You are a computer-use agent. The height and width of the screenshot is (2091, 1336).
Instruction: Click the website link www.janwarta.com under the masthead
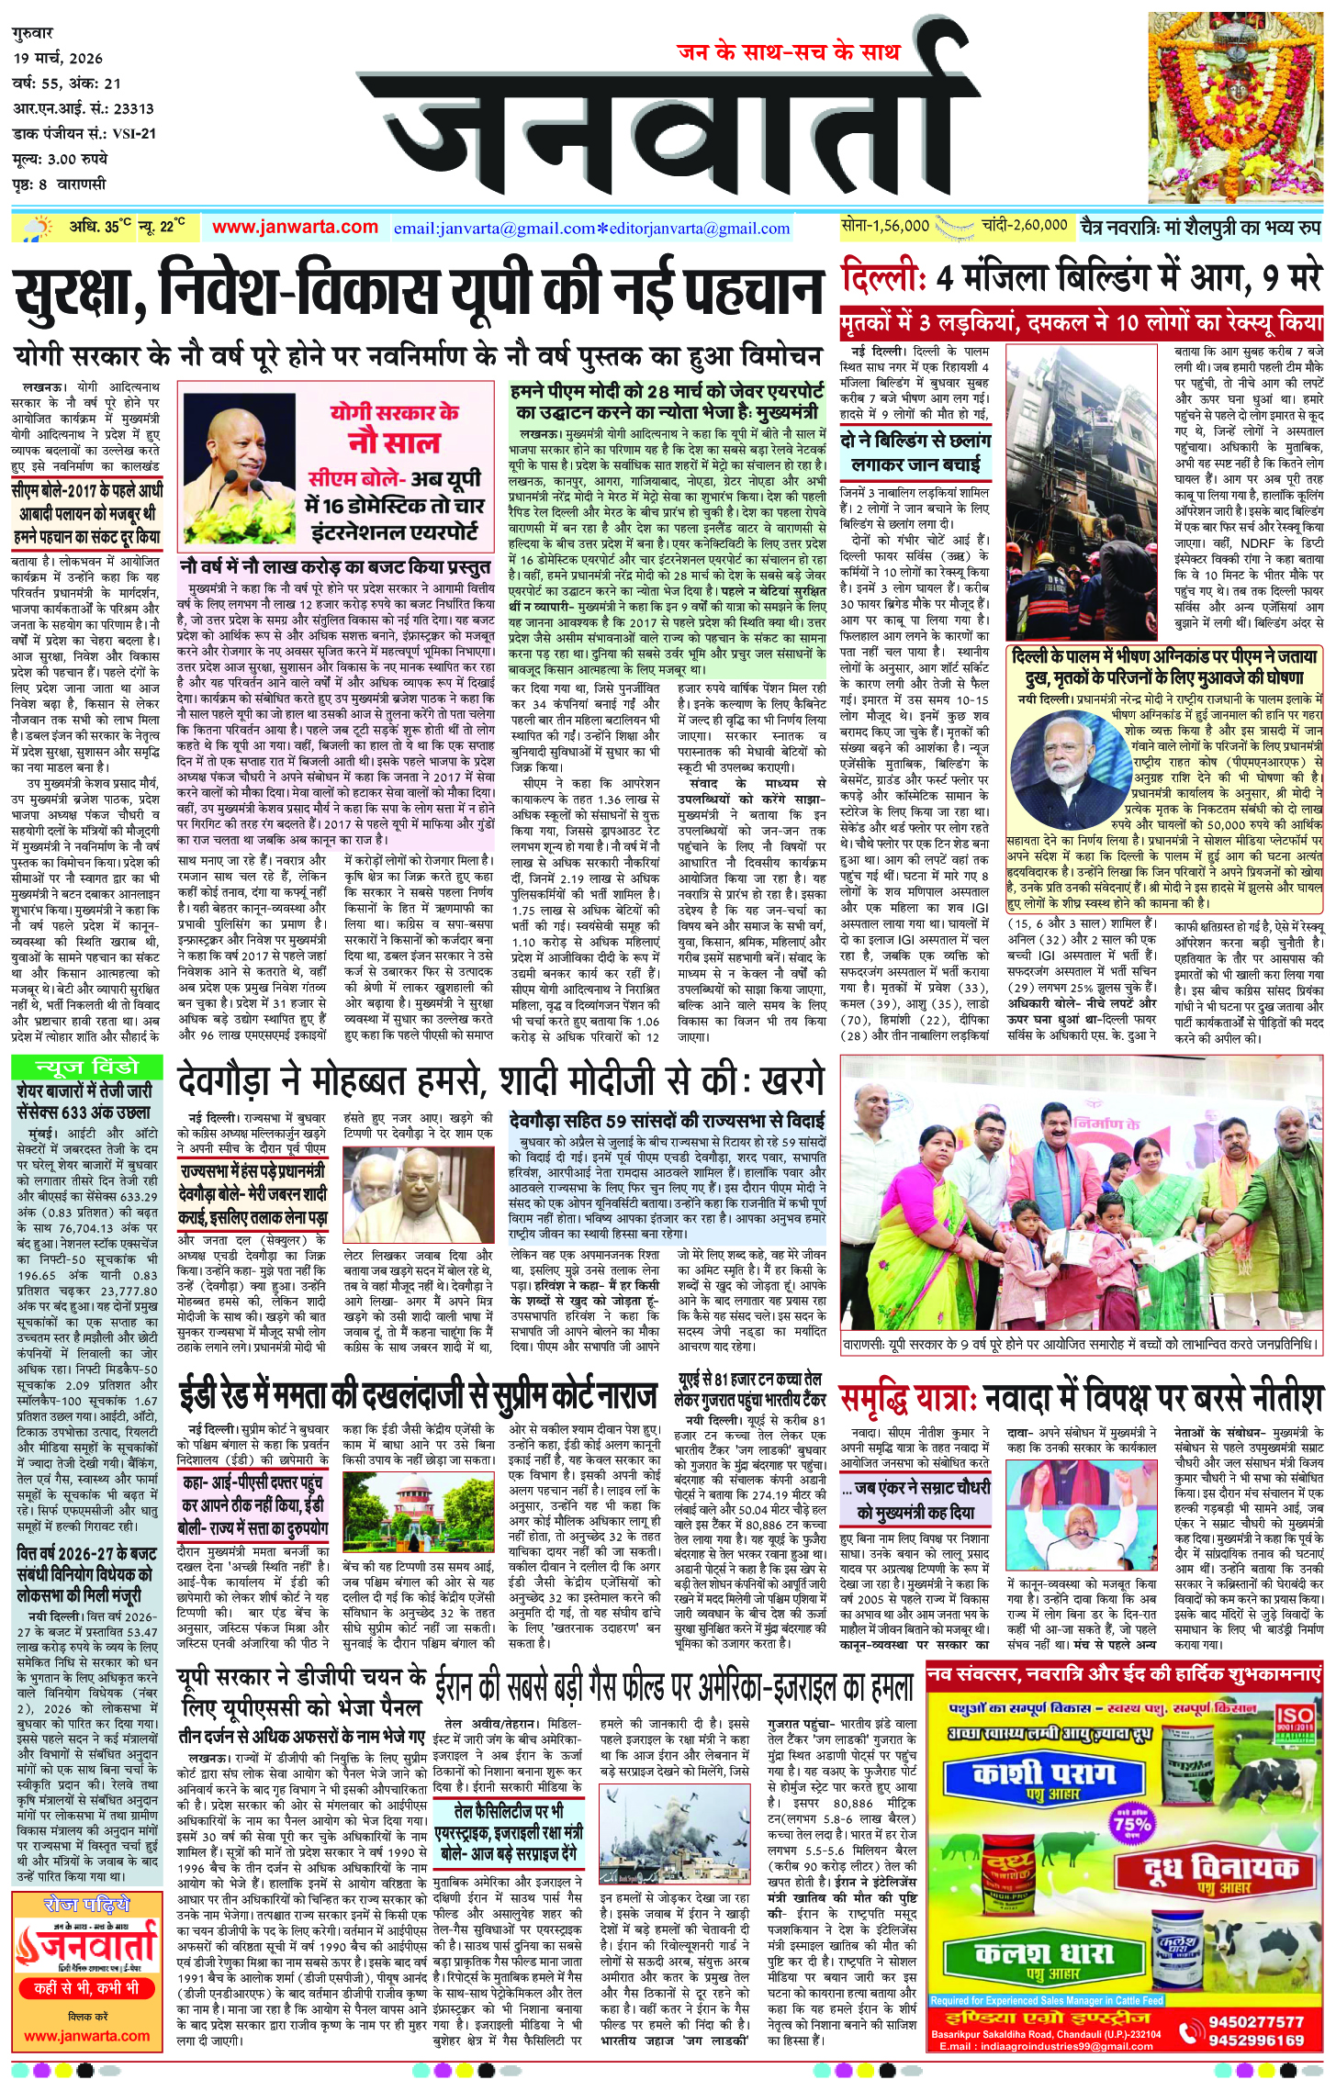(295, 227)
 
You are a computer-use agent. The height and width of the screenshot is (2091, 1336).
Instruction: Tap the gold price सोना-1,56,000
(884, 225)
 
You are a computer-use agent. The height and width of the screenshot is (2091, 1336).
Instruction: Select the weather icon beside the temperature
(39, 228)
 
